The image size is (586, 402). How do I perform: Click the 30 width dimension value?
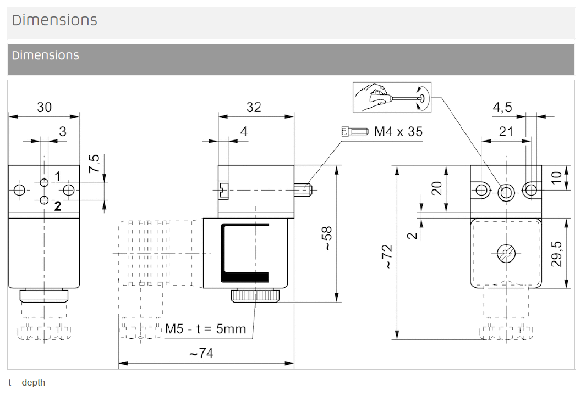pos(44,107)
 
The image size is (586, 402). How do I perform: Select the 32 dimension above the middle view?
pos(254,107)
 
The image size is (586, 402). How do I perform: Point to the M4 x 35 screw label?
pos(398,132)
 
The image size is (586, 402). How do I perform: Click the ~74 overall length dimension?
pos(201,354)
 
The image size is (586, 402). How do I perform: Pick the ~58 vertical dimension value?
pos(327,238)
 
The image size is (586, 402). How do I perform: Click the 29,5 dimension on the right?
pos(556,253)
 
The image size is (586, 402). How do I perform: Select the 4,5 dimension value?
pos(502,107)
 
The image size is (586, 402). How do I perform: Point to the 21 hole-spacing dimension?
pos(506,131)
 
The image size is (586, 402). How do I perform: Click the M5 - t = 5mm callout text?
pos(206,329)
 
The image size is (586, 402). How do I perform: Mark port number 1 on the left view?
pos(57,177)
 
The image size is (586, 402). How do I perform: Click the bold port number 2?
pos(57,206)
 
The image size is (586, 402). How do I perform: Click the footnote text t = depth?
pos(27,382)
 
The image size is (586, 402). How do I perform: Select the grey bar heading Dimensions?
pos(45,55)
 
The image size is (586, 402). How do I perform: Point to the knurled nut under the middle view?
pos(255,297)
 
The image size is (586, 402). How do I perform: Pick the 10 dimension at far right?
pos(556,177)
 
